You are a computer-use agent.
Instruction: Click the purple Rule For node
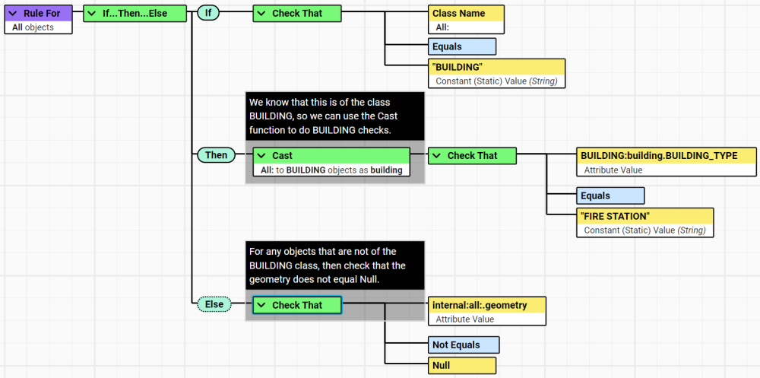[x=38, y=14]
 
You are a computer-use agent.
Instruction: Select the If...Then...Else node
[x=135, y=13]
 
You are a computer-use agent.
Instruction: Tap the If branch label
[x=208, y=13]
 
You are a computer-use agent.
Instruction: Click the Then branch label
[x=216, y=155]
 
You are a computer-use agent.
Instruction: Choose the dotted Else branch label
[x=214, y=304]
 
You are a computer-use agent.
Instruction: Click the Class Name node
[x=465, y=14]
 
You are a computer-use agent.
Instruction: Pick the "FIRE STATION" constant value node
[x=645, y=217]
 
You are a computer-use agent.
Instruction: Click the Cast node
[x=332, y=156]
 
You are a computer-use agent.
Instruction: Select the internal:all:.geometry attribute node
[x=487, y=305]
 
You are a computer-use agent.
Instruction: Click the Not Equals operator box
[x=463, y=345]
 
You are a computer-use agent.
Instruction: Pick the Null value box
[x=463, y=366]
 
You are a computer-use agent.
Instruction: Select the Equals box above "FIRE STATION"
[x=610, y=195]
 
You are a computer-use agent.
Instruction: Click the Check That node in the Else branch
[x=297, y=305]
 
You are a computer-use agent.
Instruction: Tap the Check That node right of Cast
[x=472, y=156]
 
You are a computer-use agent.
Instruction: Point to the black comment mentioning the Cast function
[x=334, y=115]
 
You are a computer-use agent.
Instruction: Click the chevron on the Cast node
[x=261, y=156]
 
